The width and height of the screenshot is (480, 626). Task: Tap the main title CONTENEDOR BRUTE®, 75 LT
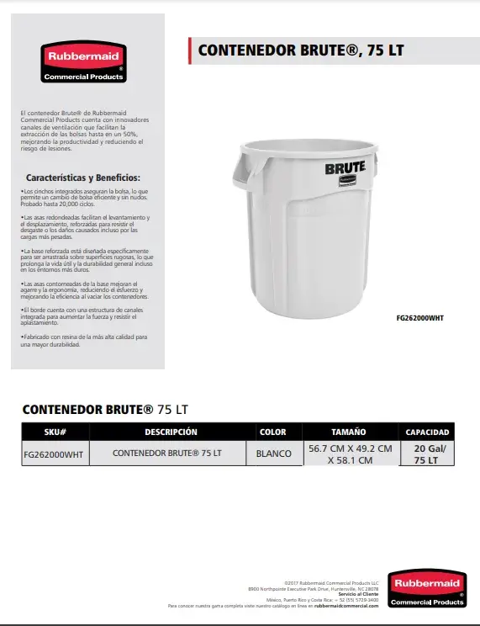[x=300, y=50]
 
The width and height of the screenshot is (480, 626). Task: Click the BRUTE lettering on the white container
[x=345, y=167]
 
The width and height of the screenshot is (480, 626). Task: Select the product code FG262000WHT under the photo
[x=419, y=318]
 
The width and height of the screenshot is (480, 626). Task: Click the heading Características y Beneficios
[x=82, y=178]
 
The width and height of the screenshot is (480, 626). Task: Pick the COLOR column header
[x=272, y=432]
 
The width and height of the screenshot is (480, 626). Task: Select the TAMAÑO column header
[x=348, y=432]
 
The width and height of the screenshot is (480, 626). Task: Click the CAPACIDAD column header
[x=427, y=432]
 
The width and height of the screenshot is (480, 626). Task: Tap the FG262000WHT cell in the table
[x=54, y=454]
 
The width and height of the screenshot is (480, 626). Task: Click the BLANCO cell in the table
[x=273, y=454]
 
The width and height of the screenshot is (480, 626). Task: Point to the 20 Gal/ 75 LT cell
[x=427, y=454]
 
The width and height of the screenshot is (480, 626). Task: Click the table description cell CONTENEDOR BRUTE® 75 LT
[x=167, y=454]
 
